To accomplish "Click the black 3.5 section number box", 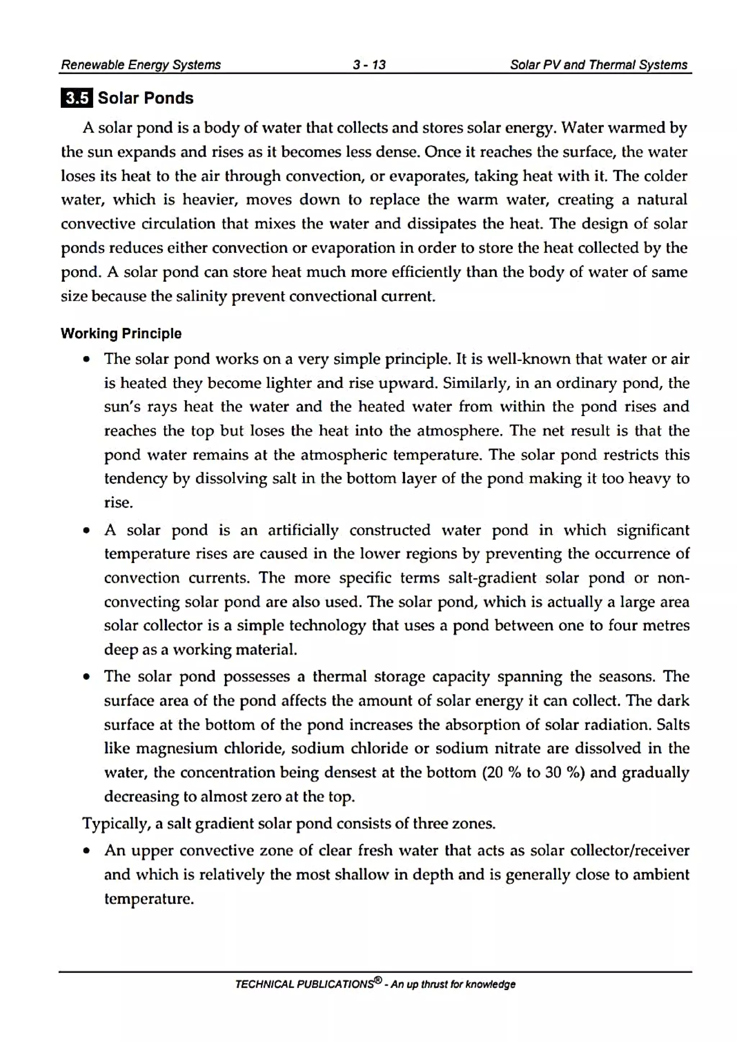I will pyautogui.click(x=76, y=98).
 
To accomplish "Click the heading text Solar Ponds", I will pyautogui.click(x=145, y=98).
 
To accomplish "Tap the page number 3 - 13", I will pyautogui.click(x=369, y=65).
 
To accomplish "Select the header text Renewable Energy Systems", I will pyautogui.click(x=141, y=65).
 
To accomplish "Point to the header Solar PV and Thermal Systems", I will pyautogui.click(x=598, y=65).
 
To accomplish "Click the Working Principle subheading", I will pyautogui.click(x=121, y=334).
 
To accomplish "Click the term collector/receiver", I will pyautogui.click(x=629, y=850).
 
